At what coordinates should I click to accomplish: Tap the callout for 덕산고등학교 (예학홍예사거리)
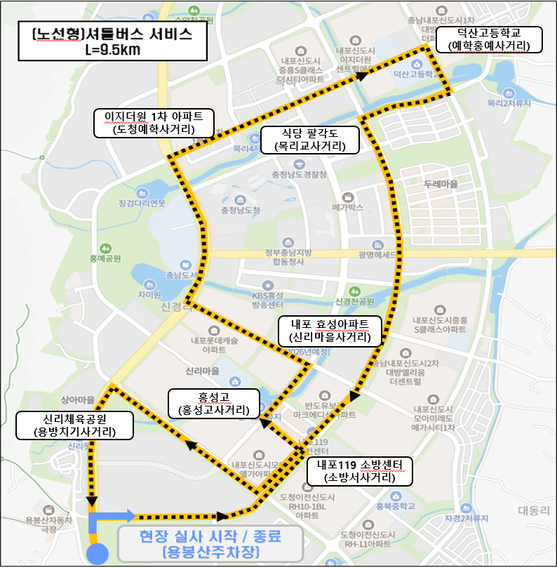(490, 39)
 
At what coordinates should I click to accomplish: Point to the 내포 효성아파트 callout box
(330, 330)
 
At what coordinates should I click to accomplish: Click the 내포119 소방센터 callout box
(359, 470)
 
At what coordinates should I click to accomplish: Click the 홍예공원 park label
(105, 258)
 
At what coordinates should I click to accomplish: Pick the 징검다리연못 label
(142, 204)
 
